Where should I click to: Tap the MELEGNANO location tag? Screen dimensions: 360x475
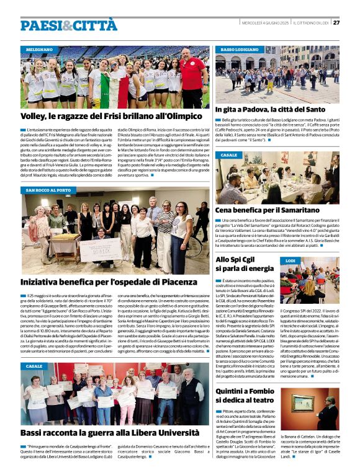pyautogui.click(x=39, y=49)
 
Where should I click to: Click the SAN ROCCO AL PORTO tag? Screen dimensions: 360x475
pyautogui.click(x=52, y=190)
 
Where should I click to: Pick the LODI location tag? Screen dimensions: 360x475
pyautogui.click(x=290, y=261)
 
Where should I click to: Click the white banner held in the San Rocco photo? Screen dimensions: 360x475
pyautogui.click(x=99, y=249)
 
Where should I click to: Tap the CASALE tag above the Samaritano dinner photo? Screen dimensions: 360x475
pyautogui.click(x=228, y=155)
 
